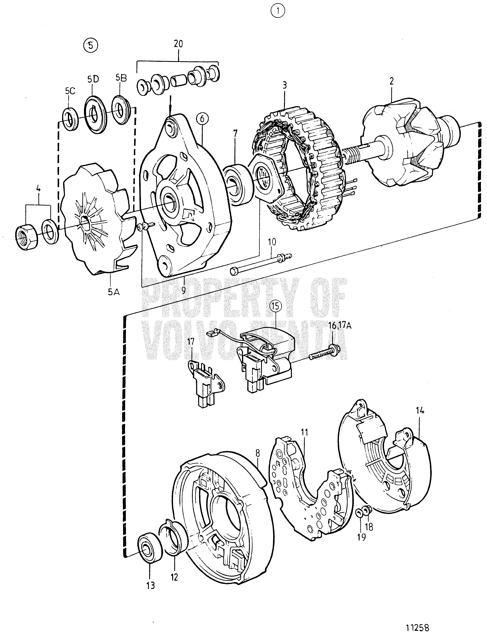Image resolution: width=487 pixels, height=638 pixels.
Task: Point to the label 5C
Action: tap(70, 91)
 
